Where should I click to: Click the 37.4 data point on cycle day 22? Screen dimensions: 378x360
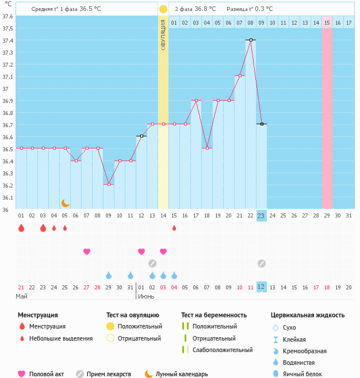tap(251, 40)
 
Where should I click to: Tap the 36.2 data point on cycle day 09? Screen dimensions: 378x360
tap(109, 184)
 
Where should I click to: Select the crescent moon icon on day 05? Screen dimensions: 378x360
tap(66, 203)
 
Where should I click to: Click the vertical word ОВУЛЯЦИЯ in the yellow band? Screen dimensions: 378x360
tap(163, 35)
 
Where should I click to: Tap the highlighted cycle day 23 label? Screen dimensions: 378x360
tap(261, 216)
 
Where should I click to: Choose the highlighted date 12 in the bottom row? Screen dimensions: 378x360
tap(261, 287)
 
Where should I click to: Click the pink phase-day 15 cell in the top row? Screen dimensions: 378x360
tap(327, 22)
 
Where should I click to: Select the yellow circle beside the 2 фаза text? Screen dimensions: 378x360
tap(163, 9)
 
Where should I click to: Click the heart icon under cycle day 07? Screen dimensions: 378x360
tap(87, 251)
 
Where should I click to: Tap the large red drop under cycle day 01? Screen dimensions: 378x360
tap(21, 228)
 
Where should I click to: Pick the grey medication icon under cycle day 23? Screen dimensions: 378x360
tap(261, 264)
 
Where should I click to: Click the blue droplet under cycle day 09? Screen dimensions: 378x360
tap(109, 275)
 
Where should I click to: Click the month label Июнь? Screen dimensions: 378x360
tap(147, 296)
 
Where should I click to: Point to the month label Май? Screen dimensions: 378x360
tap(22, 296)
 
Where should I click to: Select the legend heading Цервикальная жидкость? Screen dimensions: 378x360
tap(308, 315)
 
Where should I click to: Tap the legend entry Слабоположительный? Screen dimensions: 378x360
tap(223, 350)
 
